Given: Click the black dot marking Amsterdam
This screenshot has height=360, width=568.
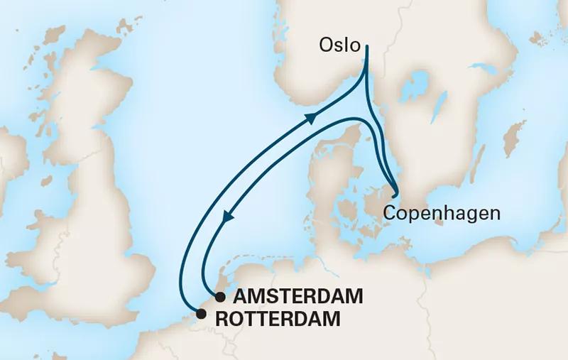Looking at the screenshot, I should click(x=221, y=296).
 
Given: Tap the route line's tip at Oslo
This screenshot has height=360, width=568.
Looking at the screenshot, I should click(x=367, y=46).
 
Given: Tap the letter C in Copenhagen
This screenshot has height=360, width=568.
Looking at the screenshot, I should click(x=388, y=212).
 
